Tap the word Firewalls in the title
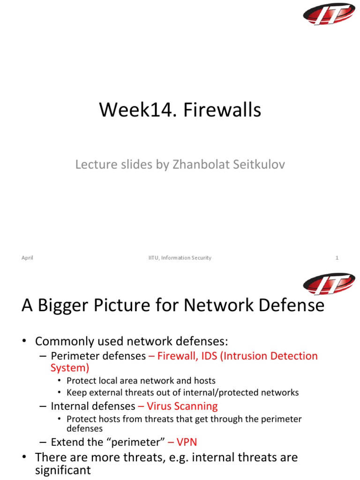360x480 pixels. point(222,111)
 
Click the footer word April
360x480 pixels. point(27,258)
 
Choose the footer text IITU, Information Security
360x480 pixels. point(177,258)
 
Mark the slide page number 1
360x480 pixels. point(337,258)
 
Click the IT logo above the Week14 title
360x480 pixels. point(329,14)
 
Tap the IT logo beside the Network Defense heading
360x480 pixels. point(329,284)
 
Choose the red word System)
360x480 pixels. point(70,368)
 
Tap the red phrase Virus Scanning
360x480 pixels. point(182,406)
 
